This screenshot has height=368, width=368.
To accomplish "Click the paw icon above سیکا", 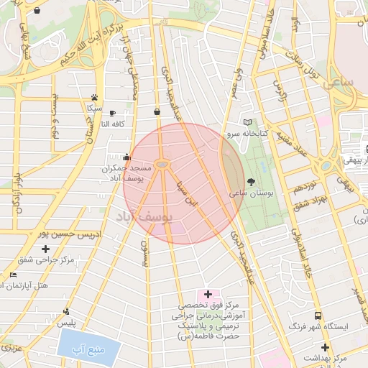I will (x=94, y=97).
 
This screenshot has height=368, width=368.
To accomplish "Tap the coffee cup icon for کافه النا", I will (x=112, y=113).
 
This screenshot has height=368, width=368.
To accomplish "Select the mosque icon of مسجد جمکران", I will (x=127, y=157).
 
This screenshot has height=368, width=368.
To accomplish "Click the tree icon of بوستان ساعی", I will (x=251, y=182).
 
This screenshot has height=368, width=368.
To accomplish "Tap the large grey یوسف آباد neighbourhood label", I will (x=140, y=217).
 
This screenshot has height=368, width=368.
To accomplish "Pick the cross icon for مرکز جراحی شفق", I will (x=46, y=249).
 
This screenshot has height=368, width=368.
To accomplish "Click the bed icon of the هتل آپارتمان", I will (x=13, y=275).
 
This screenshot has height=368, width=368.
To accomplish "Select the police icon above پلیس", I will (x=66, y=311).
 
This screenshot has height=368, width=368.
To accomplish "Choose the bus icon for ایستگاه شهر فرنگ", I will (x=318, y=315).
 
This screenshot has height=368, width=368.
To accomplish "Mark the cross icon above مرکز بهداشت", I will (x=325, y=347).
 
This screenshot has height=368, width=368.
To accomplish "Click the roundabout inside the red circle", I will (x=162, y=165).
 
